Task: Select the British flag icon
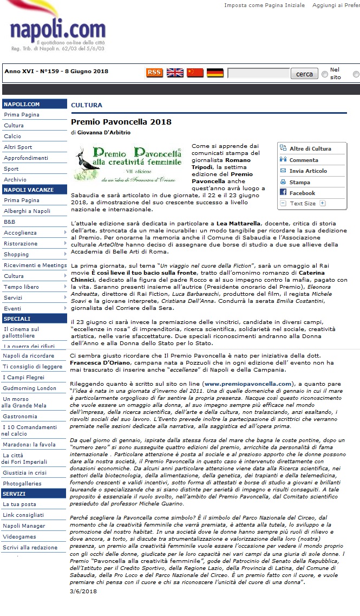tap(174, 73)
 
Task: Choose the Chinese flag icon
tap(195, 73)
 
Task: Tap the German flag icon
tap(215, 73)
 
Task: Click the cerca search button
tap(304, 74)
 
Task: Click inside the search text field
tap(258, 74)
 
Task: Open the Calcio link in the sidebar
tap(12, 137)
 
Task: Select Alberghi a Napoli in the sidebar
tap(27, 211)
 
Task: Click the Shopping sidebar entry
tap(16, 254)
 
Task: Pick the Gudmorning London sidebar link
tap(29, 388)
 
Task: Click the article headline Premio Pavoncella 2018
tap(121, 122)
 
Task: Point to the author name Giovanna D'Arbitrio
tap(104, 132)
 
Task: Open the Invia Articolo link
tap(308, 171)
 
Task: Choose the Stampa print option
tap(299, 183)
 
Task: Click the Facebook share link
tap(302, 193)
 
